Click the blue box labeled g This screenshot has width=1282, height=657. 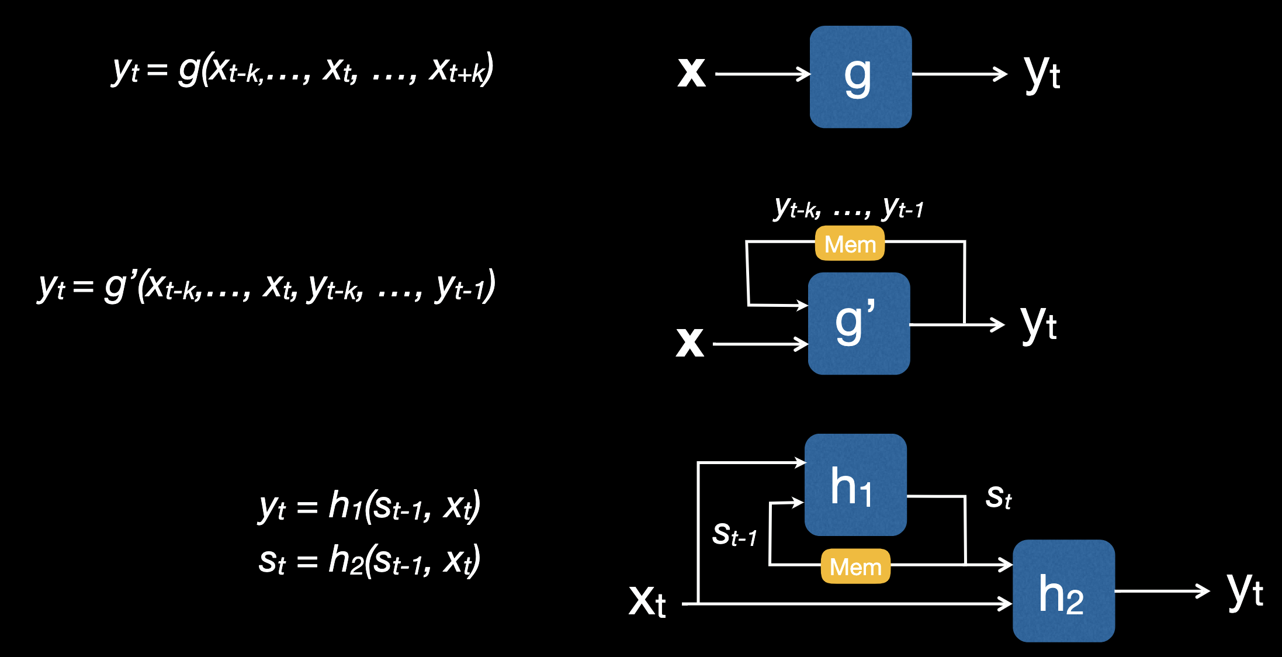(860, 77)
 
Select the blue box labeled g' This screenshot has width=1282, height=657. (858, 323)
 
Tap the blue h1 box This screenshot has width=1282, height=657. (855, 485)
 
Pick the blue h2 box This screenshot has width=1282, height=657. (1063, 590)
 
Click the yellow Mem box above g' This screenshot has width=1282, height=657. (850, 243)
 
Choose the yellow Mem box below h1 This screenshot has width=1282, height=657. (855, 566)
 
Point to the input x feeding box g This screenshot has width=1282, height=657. (691, 74)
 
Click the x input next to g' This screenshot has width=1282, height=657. (689, 343)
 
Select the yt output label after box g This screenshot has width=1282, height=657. (1042, 74)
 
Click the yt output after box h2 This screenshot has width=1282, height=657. (1245, 590)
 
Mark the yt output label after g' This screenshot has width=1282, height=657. (1039, 324)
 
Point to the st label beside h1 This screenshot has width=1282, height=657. (998, 497)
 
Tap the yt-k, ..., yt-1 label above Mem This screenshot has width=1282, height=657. (849, 208)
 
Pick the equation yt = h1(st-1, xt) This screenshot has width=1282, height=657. (369, 506)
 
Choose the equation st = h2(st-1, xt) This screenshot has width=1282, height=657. (369, 560)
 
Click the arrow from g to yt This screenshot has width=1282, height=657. (959, 74)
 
